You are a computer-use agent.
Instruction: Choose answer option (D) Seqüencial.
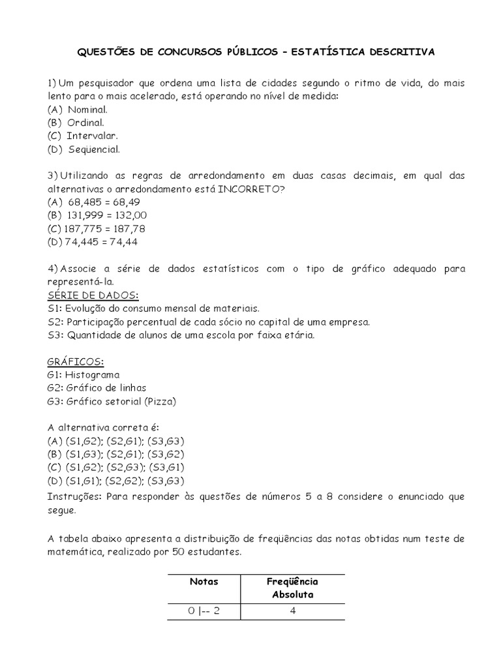tap(83, 149)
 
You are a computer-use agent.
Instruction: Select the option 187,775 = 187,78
tap(96, 228)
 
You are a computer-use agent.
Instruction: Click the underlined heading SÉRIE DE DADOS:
tap(93, 295)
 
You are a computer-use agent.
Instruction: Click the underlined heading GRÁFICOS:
tap(76, 361)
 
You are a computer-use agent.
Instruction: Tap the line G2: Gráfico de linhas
tap(97, 387)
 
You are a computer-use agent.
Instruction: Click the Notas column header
tap(204, 581)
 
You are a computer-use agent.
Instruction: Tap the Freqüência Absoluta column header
tap(292, 588)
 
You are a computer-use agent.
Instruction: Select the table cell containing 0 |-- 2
tap(204, 611)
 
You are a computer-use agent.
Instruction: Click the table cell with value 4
tap(292, 611)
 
